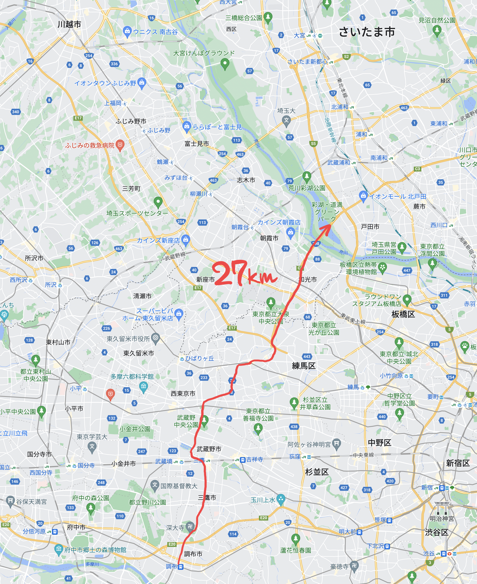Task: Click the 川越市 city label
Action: click(69, 24)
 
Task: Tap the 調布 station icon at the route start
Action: click(181, 567)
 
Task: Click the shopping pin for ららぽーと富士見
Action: click(187, 126)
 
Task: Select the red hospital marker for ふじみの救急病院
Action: click(120, 145)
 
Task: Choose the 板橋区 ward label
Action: click(403, 314)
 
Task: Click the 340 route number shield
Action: click(16, 112)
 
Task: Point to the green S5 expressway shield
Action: click(313, 144)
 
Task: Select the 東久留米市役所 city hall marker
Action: click(156, 338)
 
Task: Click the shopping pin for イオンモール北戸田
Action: click(363, 196)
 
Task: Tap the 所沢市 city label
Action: click(34, 258)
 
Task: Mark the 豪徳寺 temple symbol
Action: click(354, 565)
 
